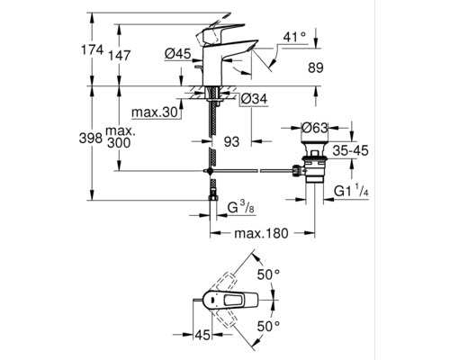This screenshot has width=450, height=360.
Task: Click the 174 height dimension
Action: (93, 49)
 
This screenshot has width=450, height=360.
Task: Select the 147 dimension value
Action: (120, 56)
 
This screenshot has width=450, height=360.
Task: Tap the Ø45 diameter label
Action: (177, 54)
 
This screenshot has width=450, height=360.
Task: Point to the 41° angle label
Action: (294, 37)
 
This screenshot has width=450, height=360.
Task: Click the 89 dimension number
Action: (316, 67)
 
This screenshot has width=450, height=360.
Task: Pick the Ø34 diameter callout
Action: (254, 99)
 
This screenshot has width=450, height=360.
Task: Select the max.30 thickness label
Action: (155, 112)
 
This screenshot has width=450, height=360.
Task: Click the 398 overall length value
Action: (91, 139)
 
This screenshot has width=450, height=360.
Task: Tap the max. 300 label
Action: (121, 137)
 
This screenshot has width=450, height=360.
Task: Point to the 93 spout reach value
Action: (232, 142)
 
